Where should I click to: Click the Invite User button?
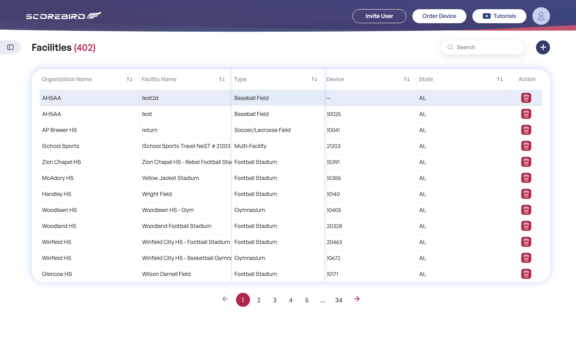coord(379,16)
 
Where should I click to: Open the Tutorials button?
coord(499,16)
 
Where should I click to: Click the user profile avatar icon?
coord(541,16)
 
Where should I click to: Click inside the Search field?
coord(482,47)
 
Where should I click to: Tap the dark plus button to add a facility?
coord(543,47)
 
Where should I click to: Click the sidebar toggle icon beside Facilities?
coord(10,47)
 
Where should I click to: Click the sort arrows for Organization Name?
coord(130,79)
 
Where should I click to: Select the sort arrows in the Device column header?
coord(406,79)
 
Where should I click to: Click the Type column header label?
coord(240,79)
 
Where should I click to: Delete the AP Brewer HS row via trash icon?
coord(526,130)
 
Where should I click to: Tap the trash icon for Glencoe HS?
coord(526,274)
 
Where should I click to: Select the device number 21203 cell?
coord(334,146)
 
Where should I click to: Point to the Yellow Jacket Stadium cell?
coord(170,178)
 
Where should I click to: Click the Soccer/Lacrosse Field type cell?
coord(262,130)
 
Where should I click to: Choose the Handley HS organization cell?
coord(56,194)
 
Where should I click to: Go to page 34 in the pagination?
coord(339,300)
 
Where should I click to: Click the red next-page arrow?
coord(357,299)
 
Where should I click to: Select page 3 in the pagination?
coord(275,300)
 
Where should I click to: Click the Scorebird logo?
coord(64,16)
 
